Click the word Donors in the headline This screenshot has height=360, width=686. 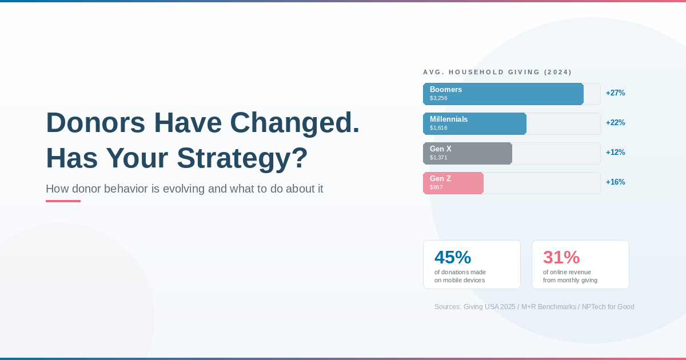click(95, 123)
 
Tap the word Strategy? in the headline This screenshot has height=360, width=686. click(242, 158)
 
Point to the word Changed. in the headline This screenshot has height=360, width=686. click(294, 123)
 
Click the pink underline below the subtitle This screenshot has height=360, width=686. click(63, 201)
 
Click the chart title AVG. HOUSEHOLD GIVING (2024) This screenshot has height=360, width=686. click(497, 72)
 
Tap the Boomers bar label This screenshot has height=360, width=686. click(445, 89)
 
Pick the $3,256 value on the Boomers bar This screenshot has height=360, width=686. click(438, 98)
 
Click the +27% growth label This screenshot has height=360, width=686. click(615, 93)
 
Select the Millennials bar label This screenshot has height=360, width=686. click(449, 119)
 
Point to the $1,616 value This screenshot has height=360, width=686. click(438, 128)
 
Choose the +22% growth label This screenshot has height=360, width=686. click(615, 122)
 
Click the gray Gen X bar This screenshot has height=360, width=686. click(468, 153)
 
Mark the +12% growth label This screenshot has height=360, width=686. click(615, 152)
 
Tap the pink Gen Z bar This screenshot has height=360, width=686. click(453, 183)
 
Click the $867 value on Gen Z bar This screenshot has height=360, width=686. click(436, 187)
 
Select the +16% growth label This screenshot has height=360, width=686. click(615, 182)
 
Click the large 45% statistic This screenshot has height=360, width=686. click(453, 257)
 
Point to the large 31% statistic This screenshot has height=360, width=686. click(561, 257)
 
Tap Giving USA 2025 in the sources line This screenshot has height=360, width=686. click(489, 307)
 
